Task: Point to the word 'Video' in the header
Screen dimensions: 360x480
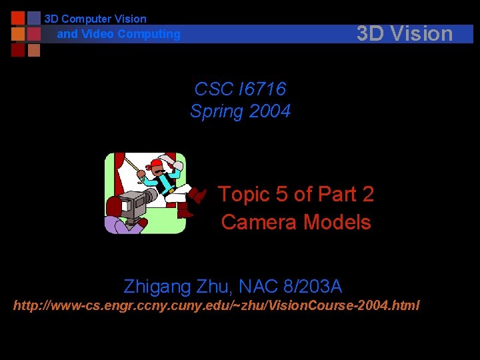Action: (x=97, y=34)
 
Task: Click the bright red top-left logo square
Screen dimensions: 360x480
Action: (x=18, y=18)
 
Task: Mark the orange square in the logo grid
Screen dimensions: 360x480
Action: (x=18, y=34)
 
